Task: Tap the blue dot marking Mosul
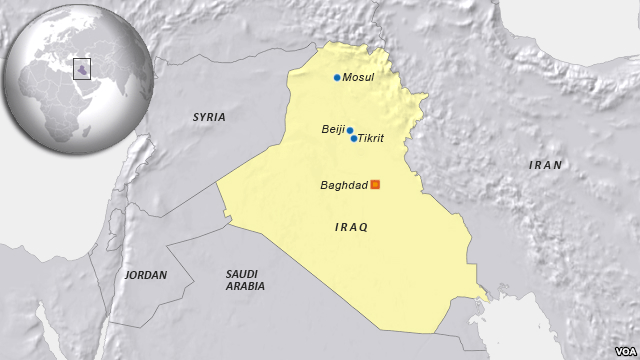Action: tap(337, 78)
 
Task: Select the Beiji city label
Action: tap(332, 129)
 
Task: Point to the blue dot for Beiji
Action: tap(349, 130)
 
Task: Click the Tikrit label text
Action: tap(371, 139)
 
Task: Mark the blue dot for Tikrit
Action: tap(354, 138)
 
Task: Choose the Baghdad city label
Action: tap(344, 185)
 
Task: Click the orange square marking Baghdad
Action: tap(375, 184)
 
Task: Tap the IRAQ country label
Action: tap(351, 228)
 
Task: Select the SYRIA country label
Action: tap(209, 117)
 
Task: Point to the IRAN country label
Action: tap(546, 165)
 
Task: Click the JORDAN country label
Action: tap(146, 274)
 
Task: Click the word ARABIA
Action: tap(245, 286)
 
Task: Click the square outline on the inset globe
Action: tap(82, 68)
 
